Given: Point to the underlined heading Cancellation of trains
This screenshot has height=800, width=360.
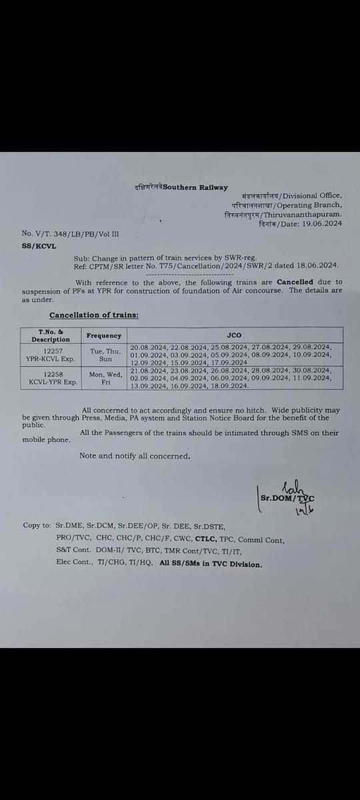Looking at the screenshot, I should pos(94,314).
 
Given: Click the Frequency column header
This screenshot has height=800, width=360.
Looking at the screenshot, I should pos(103,335).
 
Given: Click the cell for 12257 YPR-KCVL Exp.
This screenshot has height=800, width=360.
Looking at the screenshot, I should pos(51,354).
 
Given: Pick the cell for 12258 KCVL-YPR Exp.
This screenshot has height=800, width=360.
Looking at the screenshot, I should pos(51,377).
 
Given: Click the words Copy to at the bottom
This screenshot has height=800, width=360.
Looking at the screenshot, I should pos(37,525).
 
